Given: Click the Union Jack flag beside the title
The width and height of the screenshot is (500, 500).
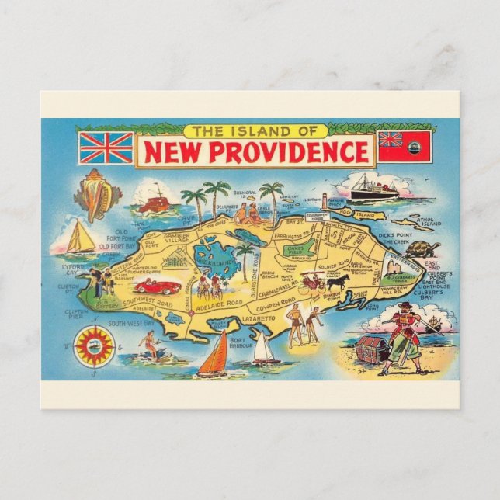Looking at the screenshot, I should [x=106, y=148].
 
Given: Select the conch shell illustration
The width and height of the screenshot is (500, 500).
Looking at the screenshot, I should [x=96, y=194].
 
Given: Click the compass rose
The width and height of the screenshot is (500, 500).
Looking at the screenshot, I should [x=95, y=345].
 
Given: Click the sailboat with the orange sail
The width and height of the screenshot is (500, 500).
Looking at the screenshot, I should [x=215, y=356].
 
